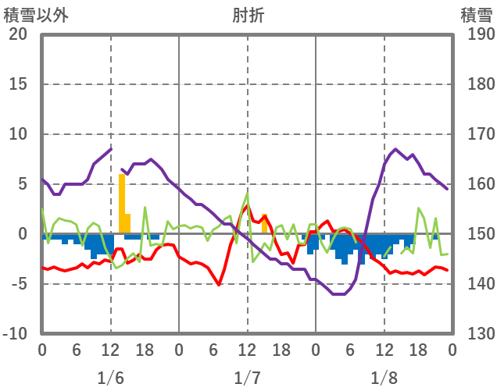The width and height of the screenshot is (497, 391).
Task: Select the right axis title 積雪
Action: pos(475,13)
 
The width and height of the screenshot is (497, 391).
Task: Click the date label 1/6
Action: pos(110,378)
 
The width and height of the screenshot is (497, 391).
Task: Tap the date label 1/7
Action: pos(247,378)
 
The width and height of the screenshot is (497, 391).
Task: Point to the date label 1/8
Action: pos(384,378)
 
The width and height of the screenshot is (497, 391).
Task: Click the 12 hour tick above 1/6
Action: pos(110,350)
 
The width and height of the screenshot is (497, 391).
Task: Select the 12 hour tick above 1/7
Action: pos(247,350)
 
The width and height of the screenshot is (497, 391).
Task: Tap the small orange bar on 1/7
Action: pos(265,224)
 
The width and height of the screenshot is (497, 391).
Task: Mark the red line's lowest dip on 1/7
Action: pos(220,284)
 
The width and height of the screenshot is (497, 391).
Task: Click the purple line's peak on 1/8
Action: pos(395,149)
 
